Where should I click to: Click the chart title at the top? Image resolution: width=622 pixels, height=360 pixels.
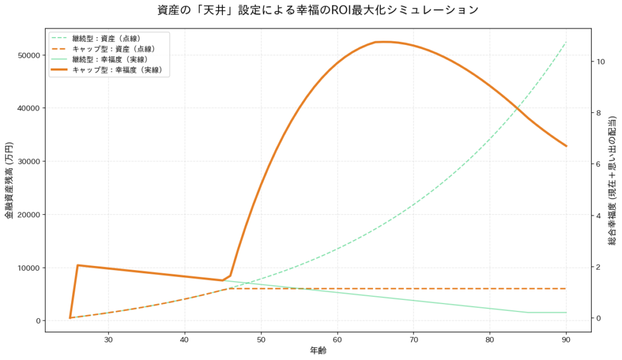click(x=310, y=10)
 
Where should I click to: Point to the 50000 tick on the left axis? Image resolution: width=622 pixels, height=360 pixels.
click(x=28, y=55)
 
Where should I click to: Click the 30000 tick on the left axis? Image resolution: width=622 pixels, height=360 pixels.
click(x=28, y=161)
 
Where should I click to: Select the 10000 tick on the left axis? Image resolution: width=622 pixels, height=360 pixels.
click(x=28, y=268)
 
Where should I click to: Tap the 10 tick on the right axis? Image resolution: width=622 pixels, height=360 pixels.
click(x=601, y=62)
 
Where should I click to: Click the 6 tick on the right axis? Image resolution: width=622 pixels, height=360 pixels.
click(x=599, y=165)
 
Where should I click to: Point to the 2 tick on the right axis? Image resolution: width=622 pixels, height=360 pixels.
click(x=599, y=267)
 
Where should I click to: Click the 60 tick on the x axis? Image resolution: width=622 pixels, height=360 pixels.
click(x=337, y=338)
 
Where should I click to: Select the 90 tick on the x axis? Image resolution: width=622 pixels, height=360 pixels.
click(x=566, y=338)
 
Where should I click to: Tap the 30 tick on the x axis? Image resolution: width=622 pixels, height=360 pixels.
click(x=108, y=338)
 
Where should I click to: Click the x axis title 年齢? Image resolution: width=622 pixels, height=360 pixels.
click(x=318, y=350)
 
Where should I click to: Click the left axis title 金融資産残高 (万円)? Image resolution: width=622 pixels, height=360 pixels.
click(x=9, y=180)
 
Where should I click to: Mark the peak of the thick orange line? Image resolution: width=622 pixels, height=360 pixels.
click(x=384, y=41)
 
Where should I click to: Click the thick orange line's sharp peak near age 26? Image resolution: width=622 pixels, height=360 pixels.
click(x=78, y=265)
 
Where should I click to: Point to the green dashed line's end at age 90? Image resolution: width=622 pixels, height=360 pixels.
click(x=566, y=42)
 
